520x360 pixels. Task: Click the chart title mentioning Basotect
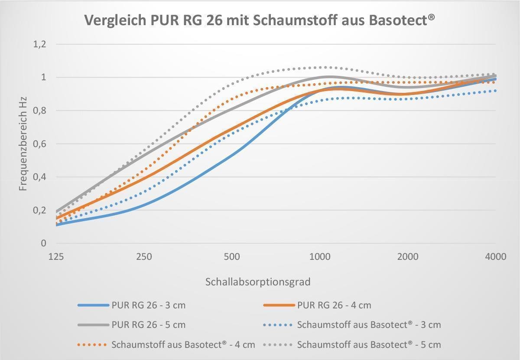point(260,20)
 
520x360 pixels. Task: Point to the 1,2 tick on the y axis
point(39,44)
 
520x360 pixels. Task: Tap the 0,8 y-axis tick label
point(39,111)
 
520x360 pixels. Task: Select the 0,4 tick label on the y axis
point(39,177)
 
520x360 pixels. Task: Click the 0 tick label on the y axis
point(43,243)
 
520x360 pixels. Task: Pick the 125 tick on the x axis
point(56,256)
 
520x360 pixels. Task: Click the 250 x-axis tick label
point(144,256)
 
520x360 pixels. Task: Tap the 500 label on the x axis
point(232,256)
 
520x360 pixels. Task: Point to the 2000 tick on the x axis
point(408,256)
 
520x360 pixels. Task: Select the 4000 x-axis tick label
point(496,256)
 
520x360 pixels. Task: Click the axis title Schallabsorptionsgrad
point(258,282)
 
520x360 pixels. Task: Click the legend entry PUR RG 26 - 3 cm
point(148,305)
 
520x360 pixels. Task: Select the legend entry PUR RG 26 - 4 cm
point(334,305)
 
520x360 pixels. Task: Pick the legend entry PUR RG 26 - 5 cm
point(148,324)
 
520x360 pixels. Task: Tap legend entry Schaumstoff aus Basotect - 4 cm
point(183,345)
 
